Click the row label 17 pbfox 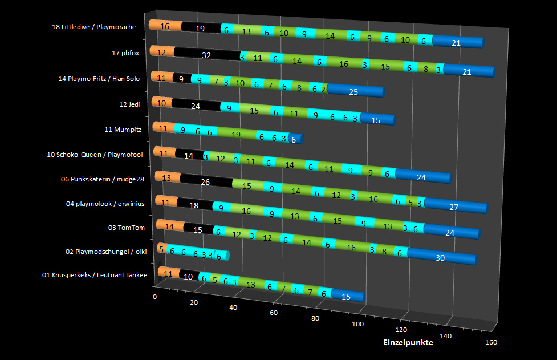click(x=126, y=53)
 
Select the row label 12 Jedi click(x=131, y=104)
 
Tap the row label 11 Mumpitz click(x=123, y=130)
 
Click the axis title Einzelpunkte click(x=407, y=343)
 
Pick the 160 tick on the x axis click(x=491, y=342)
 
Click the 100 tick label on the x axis click(x=358, y=324)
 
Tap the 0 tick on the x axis click(x=155, y=297)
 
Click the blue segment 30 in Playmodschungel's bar click(x=440, y=258)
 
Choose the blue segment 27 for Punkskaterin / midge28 click(x=454, y=207)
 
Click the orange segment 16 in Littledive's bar click(x=165, y=26)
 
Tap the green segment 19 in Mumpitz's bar click(x=236, y=135)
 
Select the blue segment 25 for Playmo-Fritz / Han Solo click(x=353, y=92)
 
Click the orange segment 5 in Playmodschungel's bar click(x=162, y=249)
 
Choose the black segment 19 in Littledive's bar click(x=201, y=28)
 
